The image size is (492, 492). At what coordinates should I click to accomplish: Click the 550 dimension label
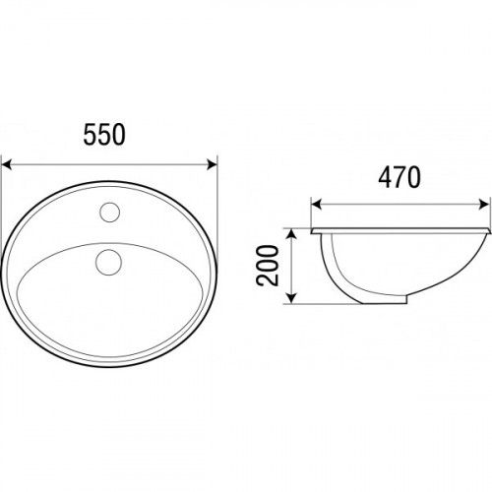click(x=104, y=135)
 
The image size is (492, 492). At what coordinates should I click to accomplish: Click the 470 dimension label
click(x=400, y=177)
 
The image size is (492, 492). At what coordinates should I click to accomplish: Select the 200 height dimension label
click(x=268, y=266)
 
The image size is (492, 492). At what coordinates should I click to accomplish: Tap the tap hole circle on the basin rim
click(x=109, y=213)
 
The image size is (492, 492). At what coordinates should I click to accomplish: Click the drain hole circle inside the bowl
click(x=108, y=262)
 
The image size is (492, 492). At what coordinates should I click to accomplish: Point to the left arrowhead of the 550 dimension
click(x=7, y=164)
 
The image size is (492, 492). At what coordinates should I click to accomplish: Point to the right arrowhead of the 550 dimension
click(x=212, y=164)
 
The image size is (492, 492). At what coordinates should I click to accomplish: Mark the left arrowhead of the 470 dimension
click(x=316, y=205)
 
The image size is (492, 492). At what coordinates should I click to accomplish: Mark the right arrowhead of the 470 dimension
click(x=484, y=205)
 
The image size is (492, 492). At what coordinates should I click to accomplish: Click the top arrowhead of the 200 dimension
click(x=291, y=234)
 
